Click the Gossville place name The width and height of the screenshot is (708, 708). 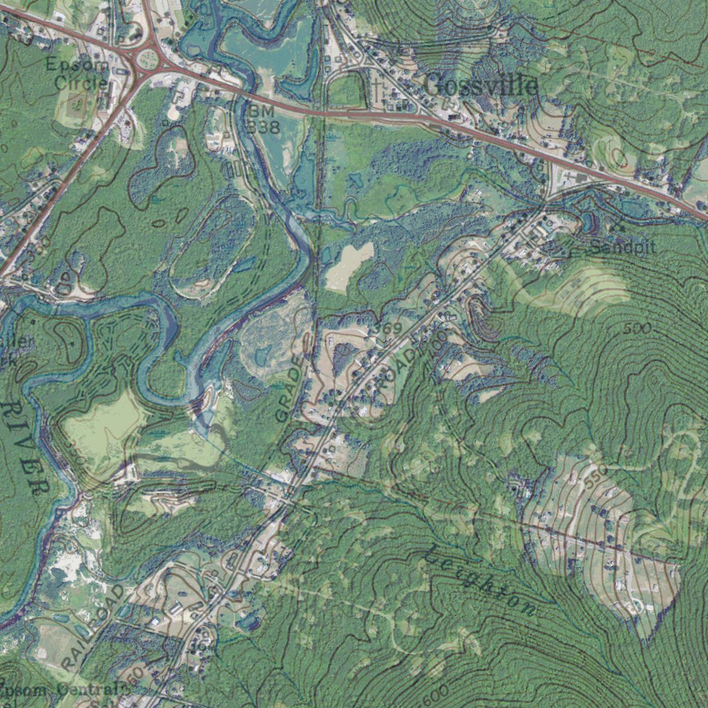(x=480, y=86)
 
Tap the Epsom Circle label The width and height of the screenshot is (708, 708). (x=77, y=73)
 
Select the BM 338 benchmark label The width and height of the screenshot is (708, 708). (x=263, y=119)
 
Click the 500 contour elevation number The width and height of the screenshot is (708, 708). (x=636, y=328)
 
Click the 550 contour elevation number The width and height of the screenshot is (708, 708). (x=594, y=477)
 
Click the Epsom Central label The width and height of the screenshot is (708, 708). (x=66, y=689)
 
